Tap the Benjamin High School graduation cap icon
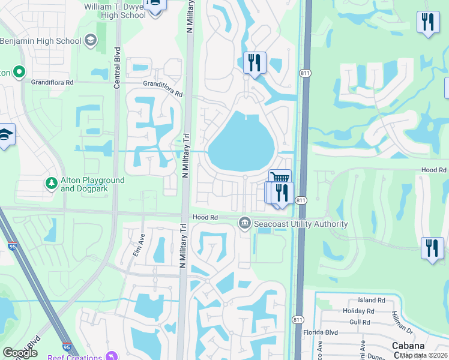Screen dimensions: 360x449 click(91, 41)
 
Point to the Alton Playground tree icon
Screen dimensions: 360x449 click(52, 181)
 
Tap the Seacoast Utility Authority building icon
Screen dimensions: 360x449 click(245, 223)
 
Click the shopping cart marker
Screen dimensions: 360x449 click(280, 178)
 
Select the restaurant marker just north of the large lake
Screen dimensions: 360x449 click(255, 62)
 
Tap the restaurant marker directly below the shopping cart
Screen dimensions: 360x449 click(281, 193)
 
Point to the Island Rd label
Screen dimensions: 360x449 click(371, 300)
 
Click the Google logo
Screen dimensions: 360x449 click(20, 353)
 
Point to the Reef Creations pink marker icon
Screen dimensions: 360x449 click(109, 356)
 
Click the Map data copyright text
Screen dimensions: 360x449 click(424, 355)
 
